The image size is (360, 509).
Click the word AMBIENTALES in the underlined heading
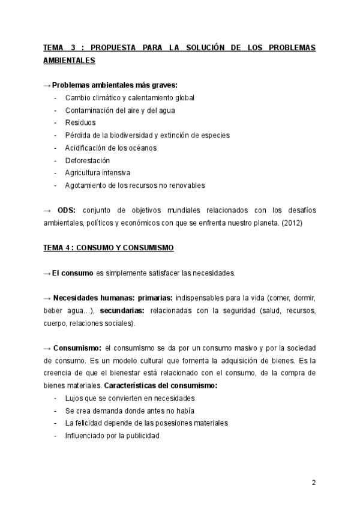[x=69, y=60]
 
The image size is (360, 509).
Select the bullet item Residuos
[x=80, y=123]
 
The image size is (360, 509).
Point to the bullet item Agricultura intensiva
[x=98, y=173]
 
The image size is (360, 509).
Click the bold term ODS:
[x=67, y=210]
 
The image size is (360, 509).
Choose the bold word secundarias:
[x=122, y=311]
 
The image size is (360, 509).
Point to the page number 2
[x=313, y=483]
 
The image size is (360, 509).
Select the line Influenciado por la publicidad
[x=112, y=436]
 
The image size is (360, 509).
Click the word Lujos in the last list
[x=74, y=398]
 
